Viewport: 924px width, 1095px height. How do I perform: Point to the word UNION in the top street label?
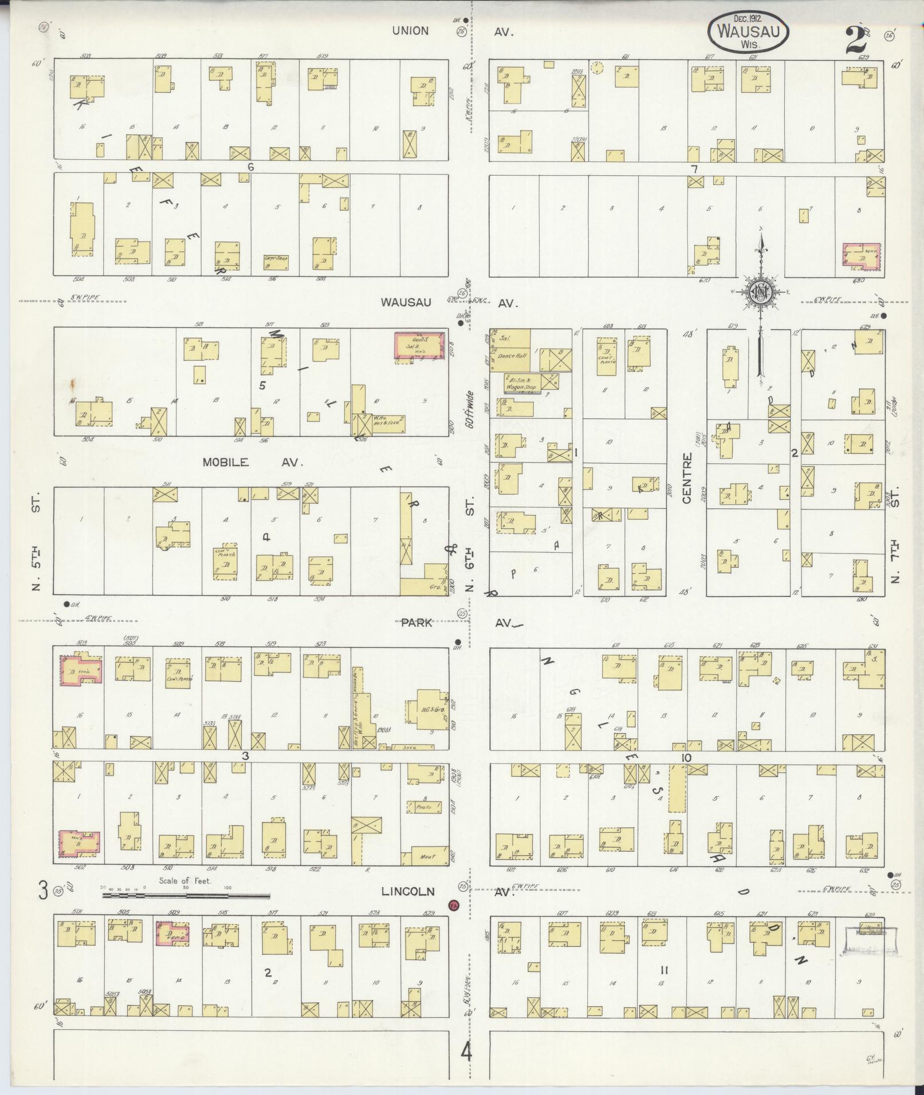pos(410,31)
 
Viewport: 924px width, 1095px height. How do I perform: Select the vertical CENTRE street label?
pos(687,478)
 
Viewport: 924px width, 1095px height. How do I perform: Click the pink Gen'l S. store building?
pos(420,346)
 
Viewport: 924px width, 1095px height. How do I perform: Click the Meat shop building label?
pos(426,857)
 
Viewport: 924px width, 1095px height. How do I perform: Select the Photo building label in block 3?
pos(424,807)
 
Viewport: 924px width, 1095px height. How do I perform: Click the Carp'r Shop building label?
pos(276,258)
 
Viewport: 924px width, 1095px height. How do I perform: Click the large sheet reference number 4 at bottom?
pos(467,1051)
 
